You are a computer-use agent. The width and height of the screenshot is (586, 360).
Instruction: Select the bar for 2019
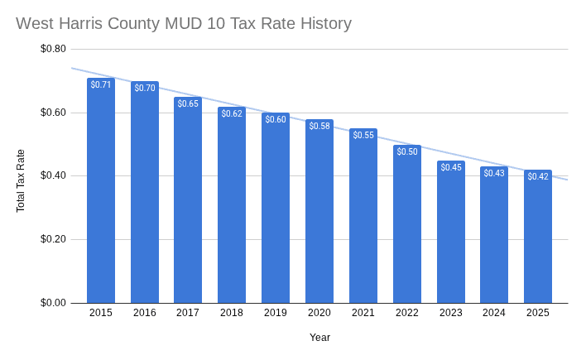tap(276, 211)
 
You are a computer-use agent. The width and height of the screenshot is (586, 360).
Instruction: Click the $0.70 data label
tap(145, 88)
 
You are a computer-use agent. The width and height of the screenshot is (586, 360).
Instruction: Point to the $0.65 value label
tap(188, 103)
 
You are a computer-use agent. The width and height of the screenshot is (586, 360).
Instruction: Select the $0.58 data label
tap(319, 126)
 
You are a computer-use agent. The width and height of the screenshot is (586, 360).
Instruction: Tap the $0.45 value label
tap(451, 167)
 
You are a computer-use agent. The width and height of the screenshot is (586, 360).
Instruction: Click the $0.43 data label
tap(494, 173)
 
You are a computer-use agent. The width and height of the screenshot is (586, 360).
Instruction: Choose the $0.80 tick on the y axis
tap(53, 49)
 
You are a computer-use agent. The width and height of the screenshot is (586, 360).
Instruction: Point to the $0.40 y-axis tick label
tap(53, 175)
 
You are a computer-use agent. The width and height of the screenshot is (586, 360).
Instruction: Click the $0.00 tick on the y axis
tap(53, 303)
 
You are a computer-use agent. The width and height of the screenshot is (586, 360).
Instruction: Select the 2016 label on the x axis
tap(145, 313)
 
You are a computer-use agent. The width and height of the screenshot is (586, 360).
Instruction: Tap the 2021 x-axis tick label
tap(363, 313)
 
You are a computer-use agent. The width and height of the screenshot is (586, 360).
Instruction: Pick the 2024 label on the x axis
tap(494, 313)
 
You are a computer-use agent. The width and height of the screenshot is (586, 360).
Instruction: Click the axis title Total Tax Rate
tap(21, 180)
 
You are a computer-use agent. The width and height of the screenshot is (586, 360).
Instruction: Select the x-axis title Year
tap(319, 338)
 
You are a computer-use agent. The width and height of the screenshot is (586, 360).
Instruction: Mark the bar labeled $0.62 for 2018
tap(232, 207)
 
